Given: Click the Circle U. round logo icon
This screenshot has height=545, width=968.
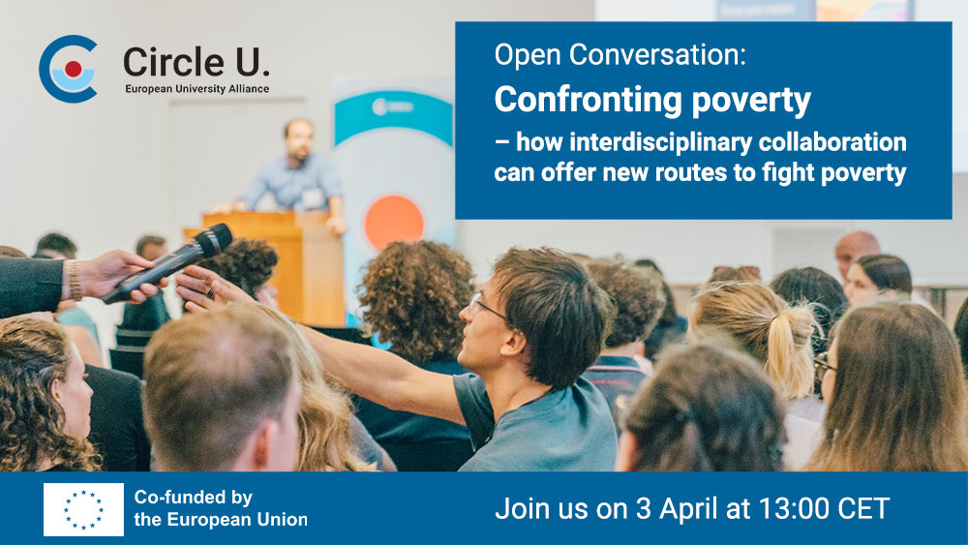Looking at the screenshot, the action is pyautogui.click(x=68, y=69).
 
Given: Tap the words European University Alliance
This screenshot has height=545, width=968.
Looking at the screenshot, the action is pyautogui.click(x=197, y=89).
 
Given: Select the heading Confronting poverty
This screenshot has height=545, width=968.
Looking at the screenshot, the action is pyautogui.click(x=651, y=101).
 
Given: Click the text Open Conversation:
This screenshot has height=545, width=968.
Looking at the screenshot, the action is pyautogui.click(x=620, y=55).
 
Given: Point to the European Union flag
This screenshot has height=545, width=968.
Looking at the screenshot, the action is pyautogui.click(x=83, y=509).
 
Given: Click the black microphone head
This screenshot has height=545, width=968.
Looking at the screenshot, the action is pyautogui.click(x=213, y=239).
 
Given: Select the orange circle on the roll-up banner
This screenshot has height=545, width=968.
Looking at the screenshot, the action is pyautogui.click(x=393, y=223).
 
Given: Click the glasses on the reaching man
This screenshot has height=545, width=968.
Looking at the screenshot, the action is pyautogui.click(x=485, y=307).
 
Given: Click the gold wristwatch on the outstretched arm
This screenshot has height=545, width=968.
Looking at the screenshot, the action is pyautogui.click(x=75, y=280).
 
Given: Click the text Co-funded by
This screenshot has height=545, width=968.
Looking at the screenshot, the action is pyautogui.click(x=194, y=498).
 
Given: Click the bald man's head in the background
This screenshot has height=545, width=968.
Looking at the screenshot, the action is pyautogui.click(x=857, y=252).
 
